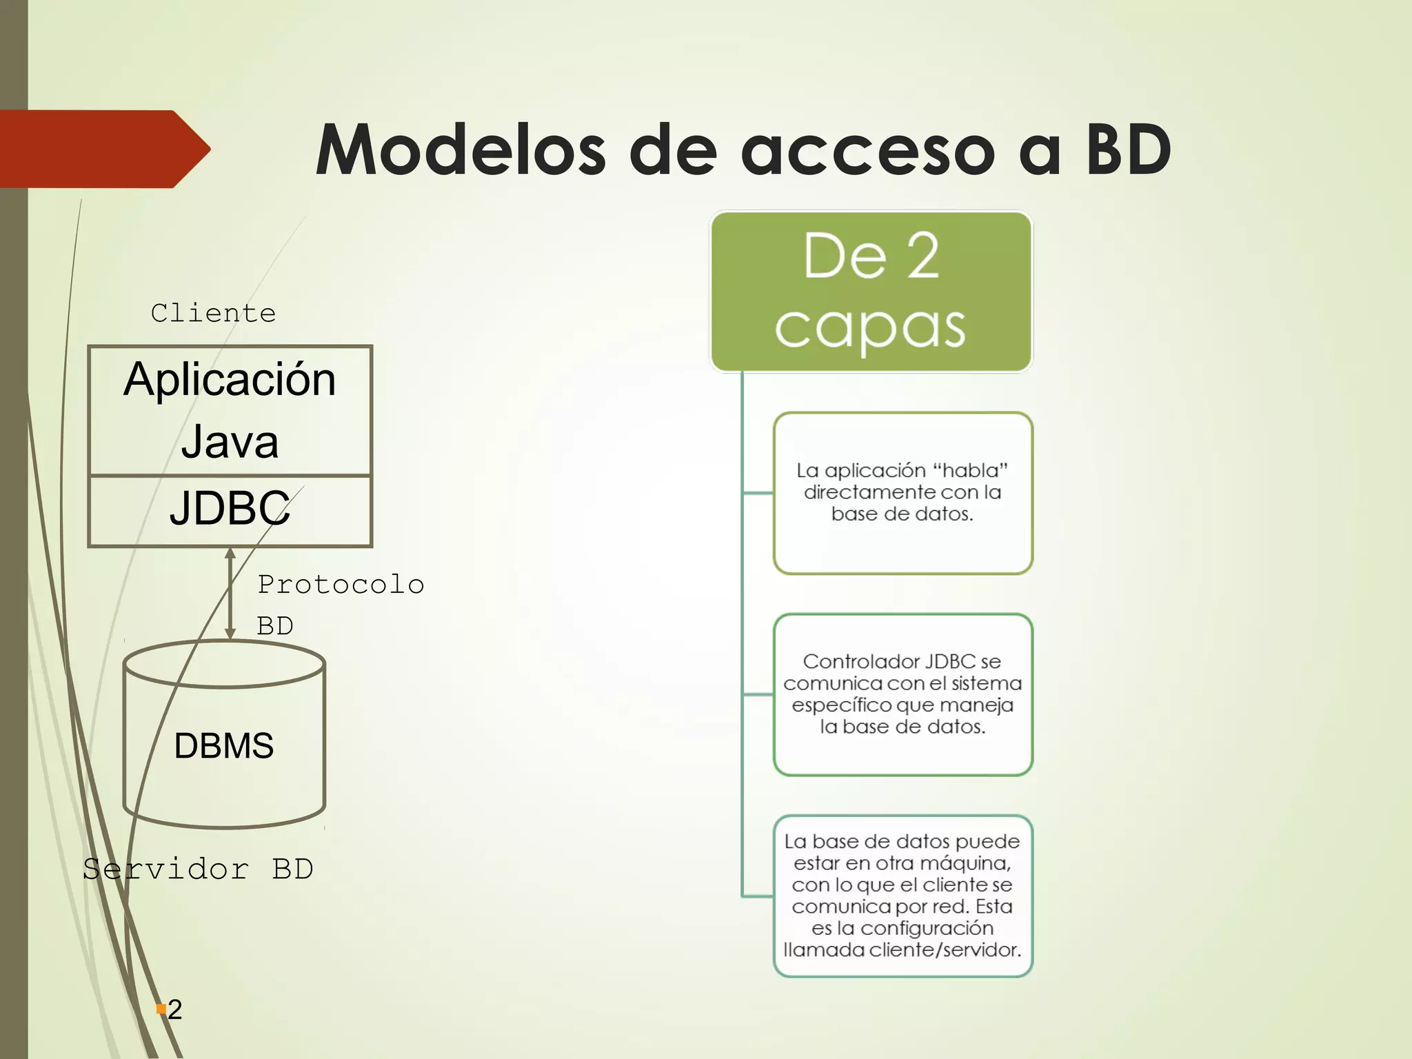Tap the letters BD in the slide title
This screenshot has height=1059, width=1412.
click(x=1128, y=150)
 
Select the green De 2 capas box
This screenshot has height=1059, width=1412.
click(x=871, y=292)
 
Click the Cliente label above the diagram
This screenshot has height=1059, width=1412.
click(x=213, y=313)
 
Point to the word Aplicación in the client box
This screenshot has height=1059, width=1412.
click(x=230, y=380)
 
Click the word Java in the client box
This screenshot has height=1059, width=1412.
click(x=230, y=442)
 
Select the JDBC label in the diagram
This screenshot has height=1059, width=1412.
click(x=230, y=509)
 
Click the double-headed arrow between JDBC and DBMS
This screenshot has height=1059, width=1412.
click(x=230, y=594)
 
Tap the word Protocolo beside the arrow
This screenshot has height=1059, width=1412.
click(x=341, y=585)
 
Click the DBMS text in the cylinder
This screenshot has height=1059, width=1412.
click(x=223, y=746)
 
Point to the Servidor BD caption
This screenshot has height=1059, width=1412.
click(x=198, y=869)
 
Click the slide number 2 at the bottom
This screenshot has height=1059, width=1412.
click(x=175, y=1010)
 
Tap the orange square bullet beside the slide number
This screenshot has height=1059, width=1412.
click(x=161, y=1009)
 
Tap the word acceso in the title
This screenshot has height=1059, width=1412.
click(x=868, y=150)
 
